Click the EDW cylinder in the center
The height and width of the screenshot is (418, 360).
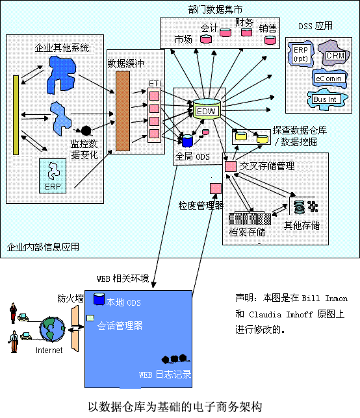206,110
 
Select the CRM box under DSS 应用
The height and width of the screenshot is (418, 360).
335,56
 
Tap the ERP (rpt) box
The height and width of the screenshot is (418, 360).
300,54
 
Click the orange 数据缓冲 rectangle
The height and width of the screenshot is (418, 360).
122,111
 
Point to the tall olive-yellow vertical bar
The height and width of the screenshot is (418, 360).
16,115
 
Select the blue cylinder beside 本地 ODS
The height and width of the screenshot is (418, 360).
99,299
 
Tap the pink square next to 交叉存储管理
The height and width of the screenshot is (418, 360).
230,167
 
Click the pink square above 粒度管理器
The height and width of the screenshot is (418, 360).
215,188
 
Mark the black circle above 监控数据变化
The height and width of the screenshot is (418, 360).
86,130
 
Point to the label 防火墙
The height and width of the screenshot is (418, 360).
70,299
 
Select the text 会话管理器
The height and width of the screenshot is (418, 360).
120,325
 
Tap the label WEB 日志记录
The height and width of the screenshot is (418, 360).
165,375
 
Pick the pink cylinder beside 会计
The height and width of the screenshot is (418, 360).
206,40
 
